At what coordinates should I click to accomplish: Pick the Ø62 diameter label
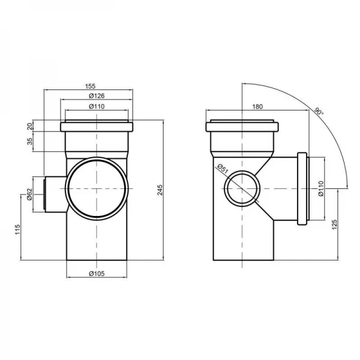29,195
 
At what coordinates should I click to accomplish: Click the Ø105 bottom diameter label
95,274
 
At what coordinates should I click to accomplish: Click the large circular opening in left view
96,188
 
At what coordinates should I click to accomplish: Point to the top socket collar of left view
96,128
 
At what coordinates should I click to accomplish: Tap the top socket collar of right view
242,128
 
